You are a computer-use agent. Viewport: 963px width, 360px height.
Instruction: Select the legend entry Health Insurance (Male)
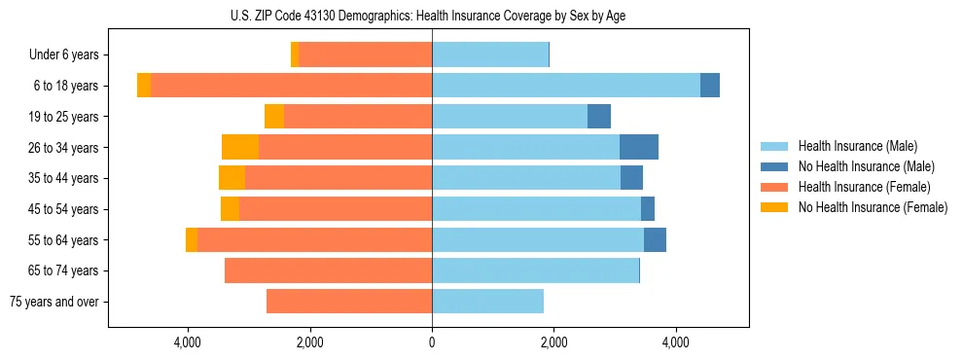[x=851, y=146]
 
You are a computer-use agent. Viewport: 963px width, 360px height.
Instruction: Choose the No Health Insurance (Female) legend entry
[x=865, y=207]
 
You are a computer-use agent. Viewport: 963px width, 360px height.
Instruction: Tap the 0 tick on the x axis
[x=432, y=342]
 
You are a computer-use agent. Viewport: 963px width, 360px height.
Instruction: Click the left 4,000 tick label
[x=187, y=342]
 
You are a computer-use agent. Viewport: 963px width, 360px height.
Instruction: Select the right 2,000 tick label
[x=553, y=342]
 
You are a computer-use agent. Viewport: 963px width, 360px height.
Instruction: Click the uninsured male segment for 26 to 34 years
[x=639, y=147]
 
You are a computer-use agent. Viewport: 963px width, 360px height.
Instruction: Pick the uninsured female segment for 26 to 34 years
[x=240, y=147]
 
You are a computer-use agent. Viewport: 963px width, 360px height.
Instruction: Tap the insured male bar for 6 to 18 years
[x=566, y=86]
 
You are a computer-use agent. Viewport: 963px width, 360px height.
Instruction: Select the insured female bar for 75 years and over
[x=349, y=302]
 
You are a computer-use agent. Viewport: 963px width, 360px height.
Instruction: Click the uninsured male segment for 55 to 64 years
[x=655, y=239]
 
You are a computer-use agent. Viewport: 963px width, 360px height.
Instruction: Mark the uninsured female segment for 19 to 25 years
[x=274, y=117]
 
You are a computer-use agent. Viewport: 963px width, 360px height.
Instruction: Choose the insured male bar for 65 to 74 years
[x=535, y=270]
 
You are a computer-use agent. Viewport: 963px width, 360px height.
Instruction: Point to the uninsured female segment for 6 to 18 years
[x=144, y=86]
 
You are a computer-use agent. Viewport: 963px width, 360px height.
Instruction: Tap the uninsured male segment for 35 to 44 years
[x=631, y=178]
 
